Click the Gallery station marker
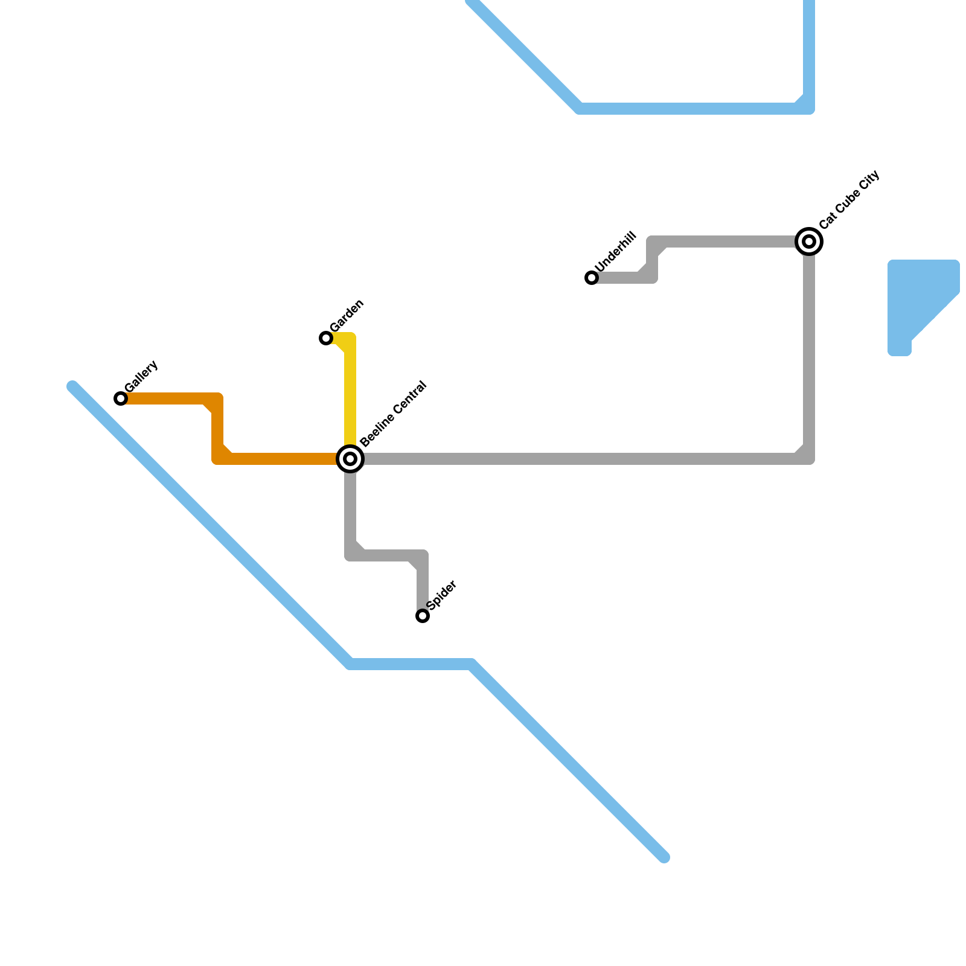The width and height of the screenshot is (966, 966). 121,398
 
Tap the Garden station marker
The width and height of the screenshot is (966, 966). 326,338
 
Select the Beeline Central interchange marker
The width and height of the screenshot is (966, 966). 350,459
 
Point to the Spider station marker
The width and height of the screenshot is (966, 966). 423,616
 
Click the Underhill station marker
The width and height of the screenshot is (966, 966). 592,278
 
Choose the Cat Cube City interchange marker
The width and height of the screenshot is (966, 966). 809,241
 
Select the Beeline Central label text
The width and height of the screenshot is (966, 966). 393,414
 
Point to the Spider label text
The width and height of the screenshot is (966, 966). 441,595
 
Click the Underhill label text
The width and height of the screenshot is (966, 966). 615,252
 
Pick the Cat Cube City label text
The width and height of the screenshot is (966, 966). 849,200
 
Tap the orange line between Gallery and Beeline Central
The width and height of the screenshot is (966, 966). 278,459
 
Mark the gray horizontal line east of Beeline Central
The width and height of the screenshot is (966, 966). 574,459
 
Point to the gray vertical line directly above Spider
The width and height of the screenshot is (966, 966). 423,583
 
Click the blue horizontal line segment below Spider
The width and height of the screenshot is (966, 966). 411,665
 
